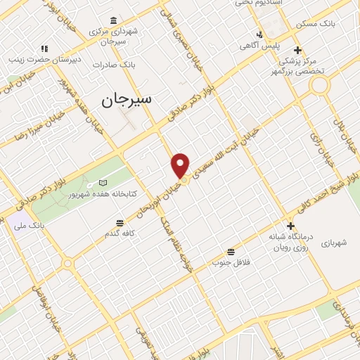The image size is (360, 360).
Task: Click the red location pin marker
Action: point(181,165)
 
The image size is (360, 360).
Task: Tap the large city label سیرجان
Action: point(126,100)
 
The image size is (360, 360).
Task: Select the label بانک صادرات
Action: point(117,64)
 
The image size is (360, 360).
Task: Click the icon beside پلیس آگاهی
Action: point(259,34)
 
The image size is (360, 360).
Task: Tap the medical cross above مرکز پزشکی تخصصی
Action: point(298,50)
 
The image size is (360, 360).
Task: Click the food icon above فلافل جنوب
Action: point(231,252)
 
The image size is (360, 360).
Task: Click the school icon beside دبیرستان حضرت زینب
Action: point(44,49)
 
